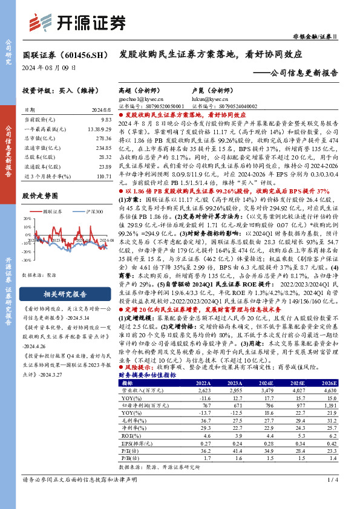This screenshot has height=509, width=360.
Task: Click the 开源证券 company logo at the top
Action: [x=79, y=22]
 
